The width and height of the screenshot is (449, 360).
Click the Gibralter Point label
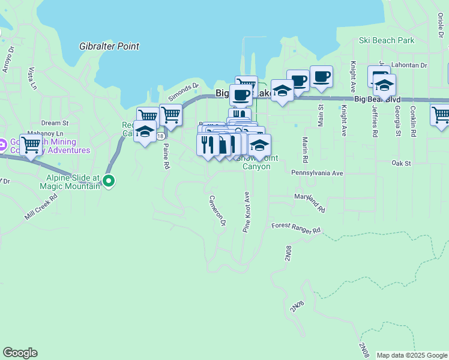tap(109, 46)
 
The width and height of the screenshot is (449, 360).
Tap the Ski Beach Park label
tap(387, 41)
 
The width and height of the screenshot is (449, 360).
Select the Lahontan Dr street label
tap(410, 65)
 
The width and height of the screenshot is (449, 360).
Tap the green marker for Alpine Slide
tap(109, 180)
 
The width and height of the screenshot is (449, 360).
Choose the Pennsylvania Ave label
tap(317, 173)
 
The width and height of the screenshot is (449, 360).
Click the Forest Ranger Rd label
tap(296, 229)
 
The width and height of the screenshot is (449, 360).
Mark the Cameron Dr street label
tap(217, 211)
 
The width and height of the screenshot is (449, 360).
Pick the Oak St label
tap(400, 163)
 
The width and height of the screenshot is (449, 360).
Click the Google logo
tap(20, 353)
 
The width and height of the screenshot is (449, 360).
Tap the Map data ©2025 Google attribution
tap(411, 355)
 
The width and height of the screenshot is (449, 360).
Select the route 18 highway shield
tap(160, 136)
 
